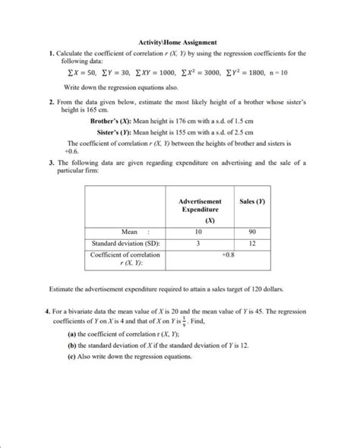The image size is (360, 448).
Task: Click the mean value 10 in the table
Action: pos(198,230)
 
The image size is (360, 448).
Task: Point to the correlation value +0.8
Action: pos(226,256)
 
